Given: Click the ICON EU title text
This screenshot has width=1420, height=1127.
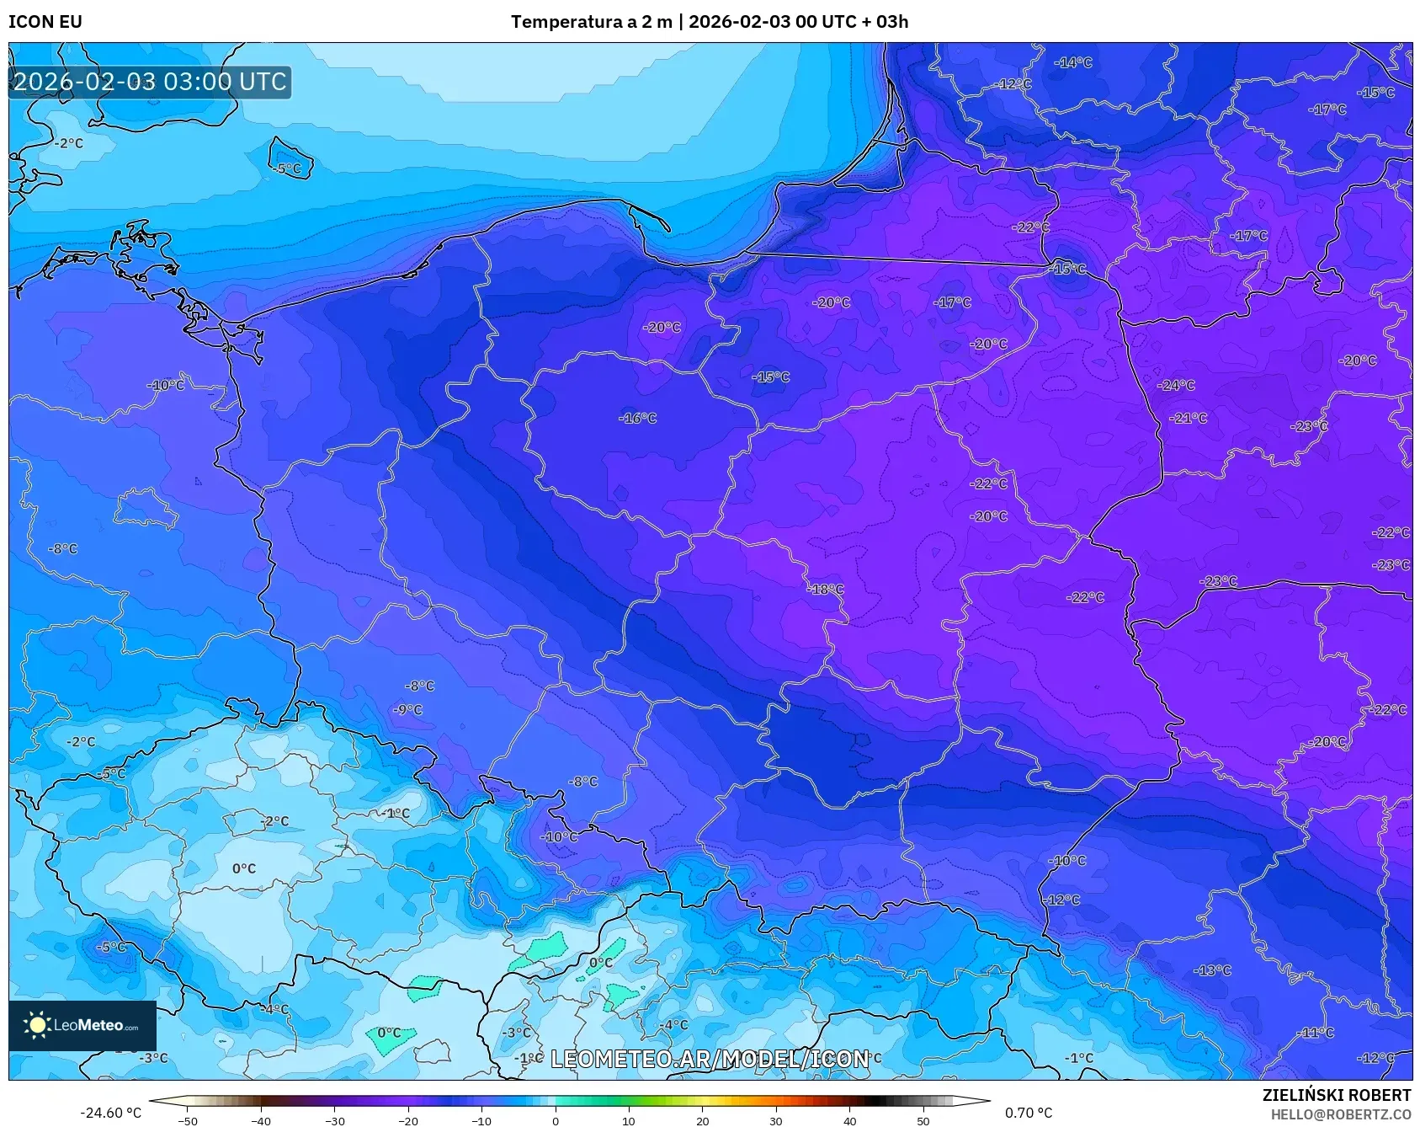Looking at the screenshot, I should tap(45, 22).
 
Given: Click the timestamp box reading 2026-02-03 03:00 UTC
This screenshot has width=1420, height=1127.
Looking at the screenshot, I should tap(150, 83).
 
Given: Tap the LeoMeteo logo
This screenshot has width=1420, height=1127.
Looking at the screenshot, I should tap(82, 1025).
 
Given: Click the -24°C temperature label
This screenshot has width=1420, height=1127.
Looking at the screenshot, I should tap(1177, 386).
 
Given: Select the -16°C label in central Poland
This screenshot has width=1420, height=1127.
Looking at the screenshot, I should tap(638, 419).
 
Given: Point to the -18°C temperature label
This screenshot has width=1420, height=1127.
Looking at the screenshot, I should tap(826, 590).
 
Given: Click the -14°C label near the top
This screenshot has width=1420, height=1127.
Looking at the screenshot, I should tap(1073, 63).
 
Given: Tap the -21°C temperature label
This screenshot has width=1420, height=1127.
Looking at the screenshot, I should tap(1188, 419).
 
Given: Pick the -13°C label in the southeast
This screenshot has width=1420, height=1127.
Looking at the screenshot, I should tap(1212, 971).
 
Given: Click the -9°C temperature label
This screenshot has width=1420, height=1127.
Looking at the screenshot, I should tap(408, 710).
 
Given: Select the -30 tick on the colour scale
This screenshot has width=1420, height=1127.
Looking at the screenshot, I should tap(335, 1121).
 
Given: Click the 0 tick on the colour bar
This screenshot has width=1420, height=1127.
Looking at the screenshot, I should tap(556, 1121).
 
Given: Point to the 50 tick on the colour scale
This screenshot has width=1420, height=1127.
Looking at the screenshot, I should tap(923, 1121).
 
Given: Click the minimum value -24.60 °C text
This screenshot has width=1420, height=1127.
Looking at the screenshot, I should tap(111, 1113).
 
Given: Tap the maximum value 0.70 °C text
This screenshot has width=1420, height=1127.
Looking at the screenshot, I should tap(1029, 1113).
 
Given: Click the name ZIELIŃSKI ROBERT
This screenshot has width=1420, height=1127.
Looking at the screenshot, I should tap(1337, 1095).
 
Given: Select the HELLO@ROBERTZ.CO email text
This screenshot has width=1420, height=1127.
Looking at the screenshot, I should tap(1341, 1114).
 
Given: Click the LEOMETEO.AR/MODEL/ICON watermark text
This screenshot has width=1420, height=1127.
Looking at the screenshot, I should tap(710, 1060).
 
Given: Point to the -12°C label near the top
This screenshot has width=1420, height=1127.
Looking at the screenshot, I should tap(1014, 84).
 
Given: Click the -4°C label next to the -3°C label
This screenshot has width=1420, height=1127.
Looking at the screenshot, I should tap(673, 1025).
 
